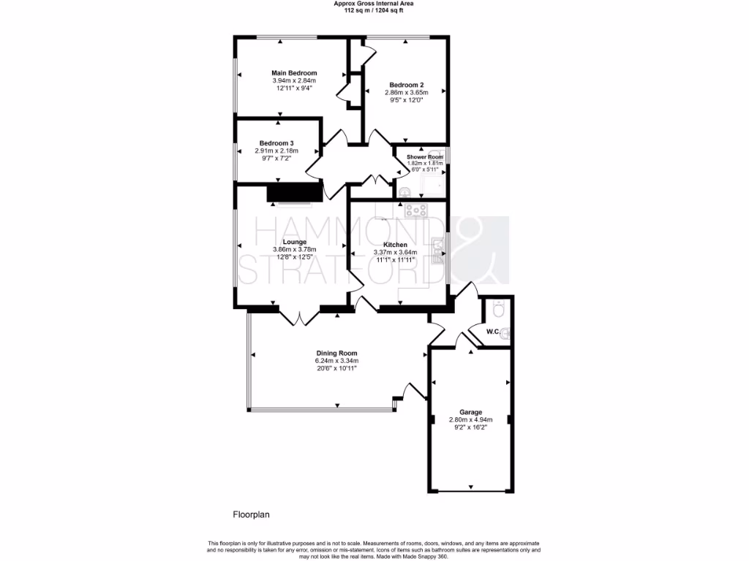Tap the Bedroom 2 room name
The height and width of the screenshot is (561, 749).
407,85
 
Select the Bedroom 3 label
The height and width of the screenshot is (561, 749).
276,143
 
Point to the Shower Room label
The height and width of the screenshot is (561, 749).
425,157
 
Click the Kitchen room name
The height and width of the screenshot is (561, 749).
395,245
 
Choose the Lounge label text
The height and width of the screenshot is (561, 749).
294,242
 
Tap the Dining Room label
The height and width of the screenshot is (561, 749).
336,353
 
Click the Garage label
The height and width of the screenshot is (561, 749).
471,412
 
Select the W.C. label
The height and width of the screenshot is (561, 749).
493,332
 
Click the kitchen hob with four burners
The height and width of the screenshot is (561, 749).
417,211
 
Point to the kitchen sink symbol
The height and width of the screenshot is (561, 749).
437,249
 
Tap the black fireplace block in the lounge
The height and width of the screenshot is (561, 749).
294,192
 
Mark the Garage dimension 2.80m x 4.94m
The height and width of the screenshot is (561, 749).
471,420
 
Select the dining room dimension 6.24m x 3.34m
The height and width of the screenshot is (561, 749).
336,361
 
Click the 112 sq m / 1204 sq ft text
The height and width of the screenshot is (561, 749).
374,11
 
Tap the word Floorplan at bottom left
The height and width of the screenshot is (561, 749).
252,514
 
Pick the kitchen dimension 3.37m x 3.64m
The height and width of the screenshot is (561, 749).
395,253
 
